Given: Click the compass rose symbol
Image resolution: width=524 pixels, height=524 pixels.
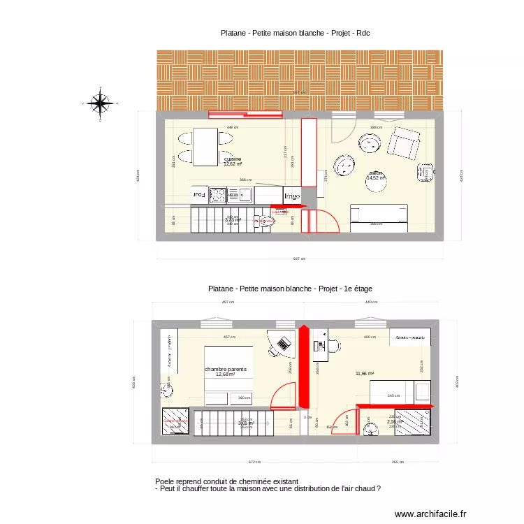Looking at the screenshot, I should click(101, 103).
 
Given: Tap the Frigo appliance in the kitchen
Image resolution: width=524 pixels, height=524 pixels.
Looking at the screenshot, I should click(292, 196).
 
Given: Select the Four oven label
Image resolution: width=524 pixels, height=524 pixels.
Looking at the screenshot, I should click(199, 195).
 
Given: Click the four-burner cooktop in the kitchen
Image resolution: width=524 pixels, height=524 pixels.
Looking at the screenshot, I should click(217, 194).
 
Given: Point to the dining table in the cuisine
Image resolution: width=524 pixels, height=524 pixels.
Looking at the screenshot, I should click(205, 147).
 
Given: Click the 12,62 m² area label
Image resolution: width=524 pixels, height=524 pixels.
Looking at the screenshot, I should click(232, 165).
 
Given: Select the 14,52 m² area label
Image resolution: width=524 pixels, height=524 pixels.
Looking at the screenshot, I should click(376, 178).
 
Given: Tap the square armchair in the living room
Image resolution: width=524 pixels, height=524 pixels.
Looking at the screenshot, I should click(404, 142).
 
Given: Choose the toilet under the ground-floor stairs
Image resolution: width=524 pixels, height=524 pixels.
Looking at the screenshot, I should click(263, 221).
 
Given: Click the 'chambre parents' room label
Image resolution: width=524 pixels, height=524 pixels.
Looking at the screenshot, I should click(225, 369).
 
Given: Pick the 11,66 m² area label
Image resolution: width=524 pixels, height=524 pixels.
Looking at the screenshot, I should click(365, 374).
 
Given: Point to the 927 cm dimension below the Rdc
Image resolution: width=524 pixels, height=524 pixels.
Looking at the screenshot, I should click(298, 259).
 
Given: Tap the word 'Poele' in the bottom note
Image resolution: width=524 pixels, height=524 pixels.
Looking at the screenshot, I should click(164, 482).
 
